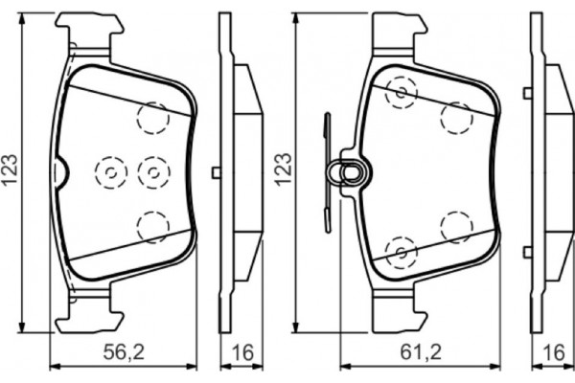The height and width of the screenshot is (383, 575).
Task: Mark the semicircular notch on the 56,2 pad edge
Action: click(x=59, y=172)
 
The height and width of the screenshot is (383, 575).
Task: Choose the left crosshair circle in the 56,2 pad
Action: click(x=110, y=171)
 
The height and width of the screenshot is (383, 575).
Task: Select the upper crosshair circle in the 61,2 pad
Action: click(x=400, y=92)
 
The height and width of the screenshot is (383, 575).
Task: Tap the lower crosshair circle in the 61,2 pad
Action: click(x=400, y=252)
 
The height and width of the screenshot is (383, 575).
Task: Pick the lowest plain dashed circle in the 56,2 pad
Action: click(x=152, y=226)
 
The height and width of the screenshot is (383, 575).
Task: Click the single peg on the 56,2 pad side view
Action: click(x=217, y=172)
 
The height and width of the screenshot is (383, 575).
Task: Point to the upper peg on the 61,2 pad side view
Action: click(x=528, y=92)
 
